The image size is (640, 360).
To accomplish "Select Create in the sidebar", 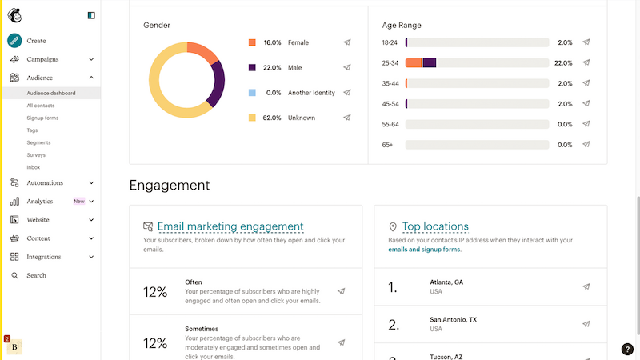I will (x=36, y=41).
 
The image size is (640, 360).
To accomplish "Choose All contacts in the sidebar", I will (x=41, y=106).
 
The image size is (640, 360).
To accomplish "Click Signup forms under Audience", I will (x=42, y=118).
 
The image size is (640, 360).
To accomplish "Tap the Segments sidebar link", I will (x=38, y=142).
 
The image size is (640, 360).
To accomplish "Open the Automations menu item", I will (x=45, y=183).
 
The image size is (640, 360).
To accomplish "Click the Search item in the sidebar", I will (x=36, y=275).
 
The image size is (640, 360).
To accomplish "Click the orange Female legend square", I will (x=252, y=42).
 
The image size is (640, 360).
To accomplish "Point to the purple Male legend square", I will (x=252, y=68).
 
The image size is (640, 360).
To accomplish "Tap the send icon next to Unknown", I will (x=347, y=118).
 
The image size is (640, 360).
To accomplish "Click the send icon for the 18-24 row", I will (x=586, y=42).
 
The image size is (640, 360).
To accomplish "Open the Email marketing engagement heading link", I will (x=230, y=226).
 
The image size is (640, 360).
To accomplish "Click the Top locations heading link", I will (x=435, y=226).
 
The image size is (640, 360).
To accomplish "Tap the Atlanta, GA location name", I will (x=447, y=282).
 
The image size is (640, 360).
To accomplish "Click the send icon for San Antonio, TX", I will (x=586, y=324).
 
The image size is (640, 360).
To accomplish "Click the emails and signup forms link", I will (x=424, y=250).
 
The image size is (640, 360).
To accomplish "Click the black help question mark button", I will (x=627, y=349).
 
